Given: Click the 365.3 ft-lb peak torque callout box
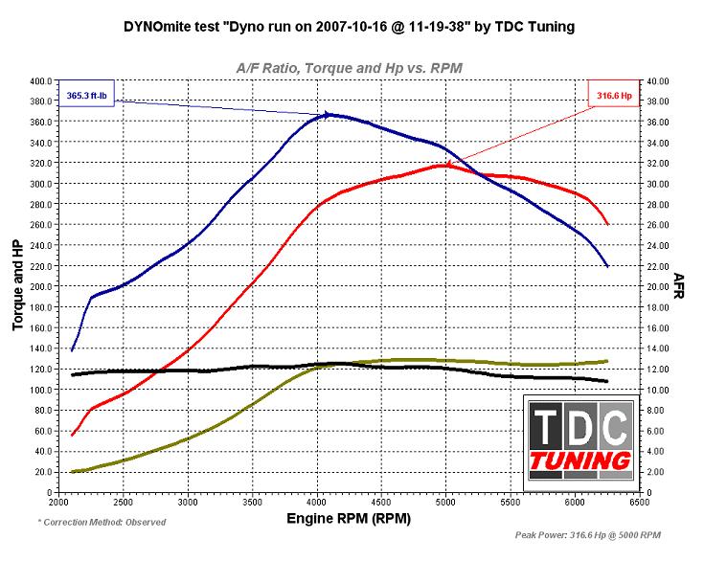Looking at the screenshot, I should point(88,96).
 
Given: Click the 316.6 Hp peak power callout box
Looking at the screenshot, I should point(613,95).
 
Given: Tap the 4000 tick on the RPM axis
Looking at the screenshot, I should point(316,501).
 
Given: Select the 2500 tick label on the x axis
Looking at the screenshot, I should point(123,501).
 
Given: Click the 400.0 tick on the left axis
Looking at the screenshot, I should point(41,81).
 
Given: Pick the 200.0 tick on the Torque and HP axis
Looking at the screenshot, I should point(41,286).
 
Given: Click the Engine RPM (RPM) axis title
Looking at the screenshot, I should point(348,518).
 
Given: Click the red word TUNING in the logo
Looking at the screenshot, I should point(580,460).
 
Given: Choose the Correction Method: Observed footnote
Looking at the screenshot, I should point(102,523).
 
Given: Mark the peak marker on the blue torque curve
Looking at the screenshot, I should point(329,115).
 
